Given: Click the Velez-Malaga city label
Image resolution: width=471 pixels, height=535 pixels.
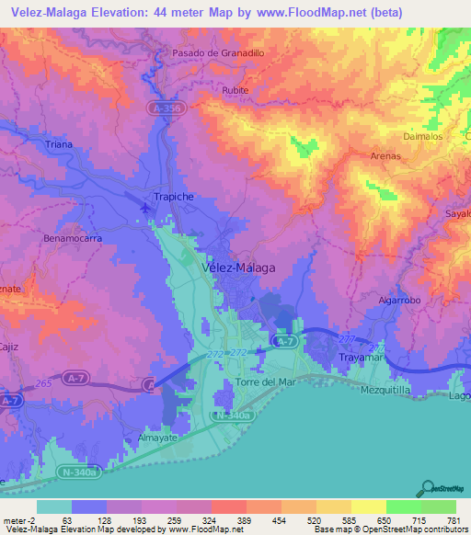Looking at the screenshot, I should pos(237,267).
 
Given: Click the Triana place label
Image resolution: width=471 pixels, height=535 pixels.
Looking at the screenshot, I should pos(60,145).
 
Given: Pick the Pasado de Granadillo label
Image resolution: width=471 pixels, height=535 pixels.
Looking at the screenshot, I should pos(219,53).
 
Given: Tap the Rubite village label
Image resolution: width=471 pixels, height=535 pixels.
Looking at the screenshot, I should pos(236,91).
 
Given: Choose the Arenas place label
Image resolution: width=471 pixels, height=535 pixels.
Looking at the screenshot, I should pos(385,156).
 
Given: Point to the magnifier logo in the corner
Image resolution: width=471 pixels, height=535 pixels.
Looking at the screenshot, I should pos(427,489).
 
